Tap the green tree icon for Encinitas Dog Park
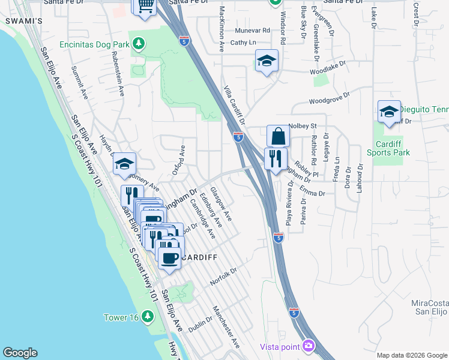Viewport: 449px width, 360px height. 139,44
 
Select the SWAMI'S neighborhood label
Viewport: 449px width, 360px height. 23,21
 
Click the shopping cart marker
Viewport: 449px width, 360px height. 145,6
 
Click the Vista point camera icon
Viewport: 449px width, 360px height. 309,346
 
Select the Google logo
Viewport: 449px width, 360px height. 20,353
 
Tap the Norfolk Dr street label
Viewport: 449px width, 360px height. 224,277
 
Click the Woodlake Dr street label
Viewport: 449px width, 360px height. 328,71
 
